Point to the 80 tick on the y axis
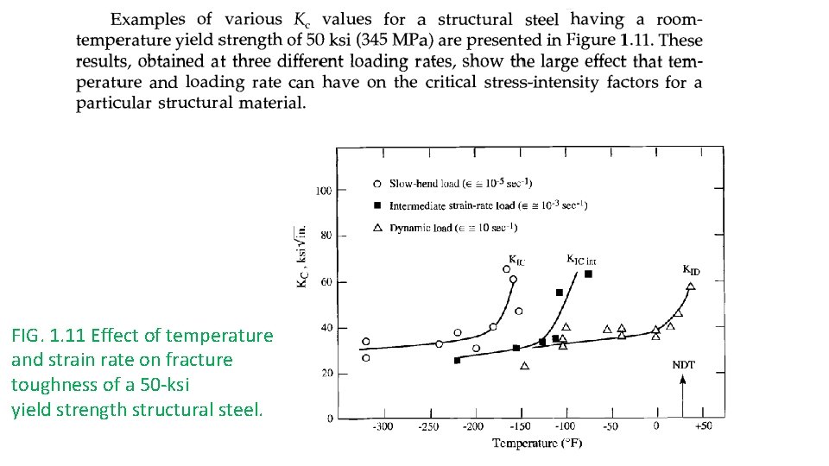(x=325, y=236)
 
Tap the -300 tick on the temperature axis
(x=381, y=427)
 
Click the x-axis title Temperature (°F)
(x=537, y=444)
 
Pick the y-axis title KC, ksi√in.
(x=302, y=257)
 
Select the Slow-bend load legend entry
(x=460, y=183)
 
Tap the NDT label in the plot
(x=683, y=365)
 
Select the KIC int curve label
(x=581, y=259)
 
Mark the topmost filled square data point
(x=588, y=274)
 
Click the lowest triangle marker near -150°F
(x=524, y=366)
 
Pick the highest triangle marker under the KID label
(x=690, y=287)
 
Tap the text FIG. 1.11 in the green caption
(x=47, y=335)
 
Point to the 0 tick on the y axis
(x=329, y=419)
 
